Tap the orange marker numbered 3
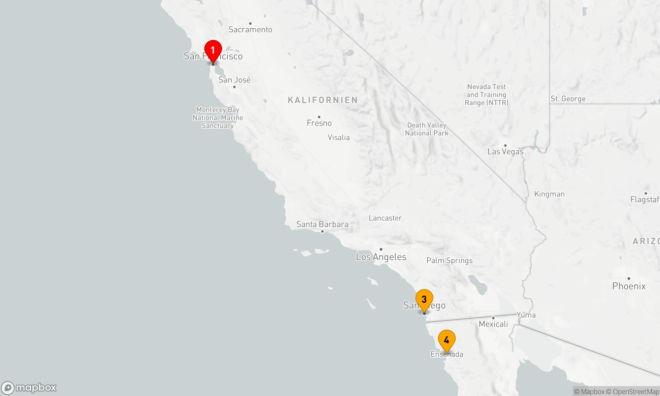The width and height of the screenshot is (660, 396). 424,299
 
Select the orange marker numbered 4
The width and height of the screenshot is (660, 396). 446,340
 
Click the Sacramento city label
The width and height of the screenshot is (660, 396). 250,29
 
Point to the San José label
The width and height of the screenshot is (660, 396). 234,80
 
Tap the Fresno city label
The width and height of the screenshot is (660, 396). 319,123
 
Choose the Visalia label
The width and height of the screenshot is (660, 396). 339,137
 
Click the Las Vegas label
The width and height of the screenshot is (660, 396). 506,151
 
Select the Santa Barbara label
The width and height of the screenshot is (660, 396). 322,224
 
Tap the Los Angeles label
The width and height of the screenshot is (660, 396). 381,257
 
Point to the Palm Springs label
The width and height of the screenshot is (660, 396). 449,260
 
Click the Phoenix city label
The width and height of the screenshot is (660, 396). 629,286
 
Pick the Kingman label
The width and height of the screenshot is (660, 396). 549,194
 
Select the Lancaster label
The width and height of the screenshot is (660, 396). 385,218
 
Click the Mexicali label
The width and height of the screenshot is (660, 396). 493,324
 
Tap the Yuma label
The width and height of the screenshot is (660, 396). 526,315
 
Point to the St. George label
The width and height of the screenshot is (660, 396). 568,99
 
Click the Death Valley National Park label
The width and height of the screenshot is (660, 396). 427,129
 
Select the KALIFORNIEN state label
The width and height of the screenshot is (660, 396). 323,100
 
